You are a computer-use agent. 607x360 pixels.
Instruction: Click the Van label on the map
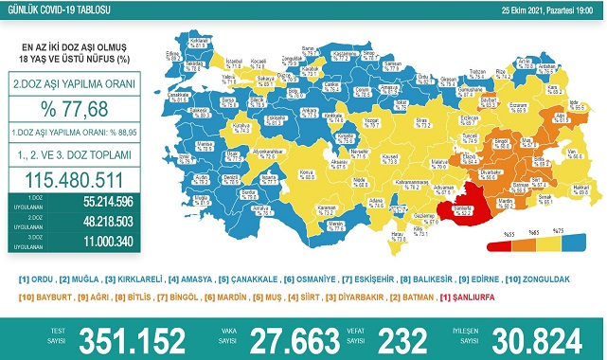click(x=571, y=151)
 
